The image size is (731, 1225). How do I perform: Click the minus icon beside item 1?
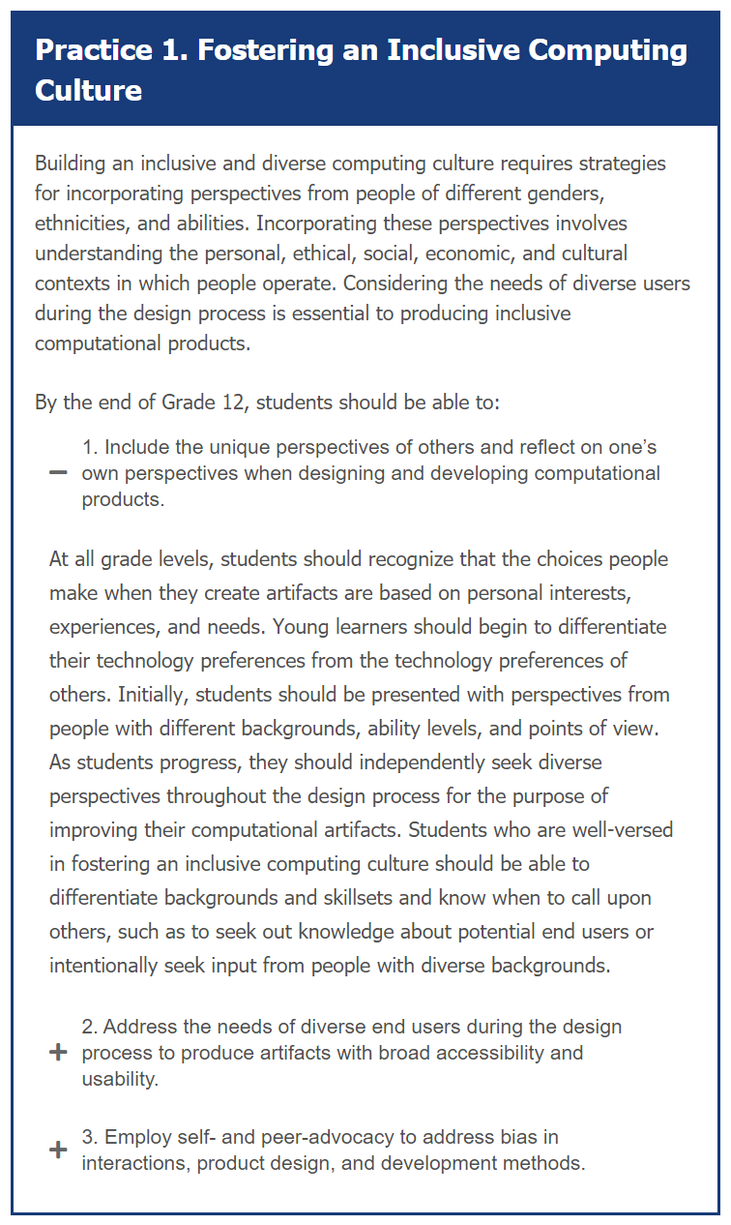coord(58,473)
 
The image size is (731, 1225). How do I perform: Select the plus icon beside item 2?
coord(58,1053)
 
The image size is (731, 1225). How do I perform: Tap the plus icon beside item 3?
coord(58,1150)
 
